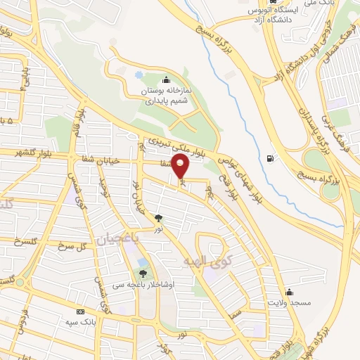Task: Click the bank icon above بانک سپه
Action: tap(80, 311)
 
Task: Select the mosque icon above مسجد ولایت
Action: tap(289, 292)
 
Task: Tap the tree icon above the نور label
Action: tap(159, 218)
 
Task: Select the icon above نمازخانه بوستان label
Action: tap(166, 79)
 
